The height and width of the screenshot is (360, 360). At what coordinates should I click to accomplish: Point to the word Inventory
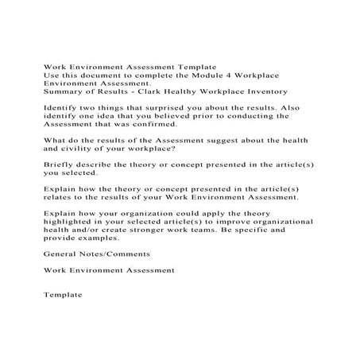[x=284, y=90]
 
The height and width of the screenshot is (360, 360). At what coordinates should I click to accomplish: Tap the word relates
[x=60, y=199]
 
